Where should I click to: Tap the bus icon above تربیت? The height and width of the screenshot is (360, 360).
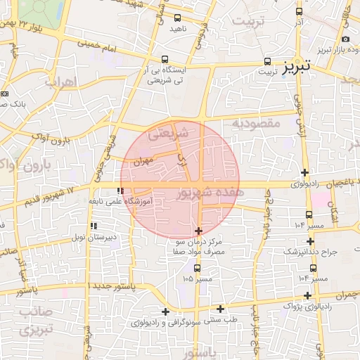click(266, 60)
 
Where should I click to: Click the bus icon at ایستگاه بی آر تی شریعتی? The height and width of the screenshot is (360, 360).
click(165, 60)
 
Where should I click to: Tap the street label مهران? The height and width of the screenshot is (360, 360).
click(141, 161)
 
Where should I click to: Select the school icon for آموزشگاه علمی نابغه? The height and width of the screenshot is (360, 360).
click(121, 191)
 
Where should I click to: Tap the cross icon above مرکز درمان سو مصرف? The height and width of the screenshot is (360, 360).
click(198, 231)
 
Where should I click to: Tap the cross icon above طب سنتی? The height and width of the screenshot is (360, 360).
click(220, 308)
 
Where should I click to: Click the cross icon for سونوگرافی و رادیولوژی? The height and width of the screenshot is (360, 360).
click(165, 311)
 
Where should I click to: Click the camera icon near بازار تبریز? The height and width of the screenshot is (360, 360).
click(345, 39)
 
